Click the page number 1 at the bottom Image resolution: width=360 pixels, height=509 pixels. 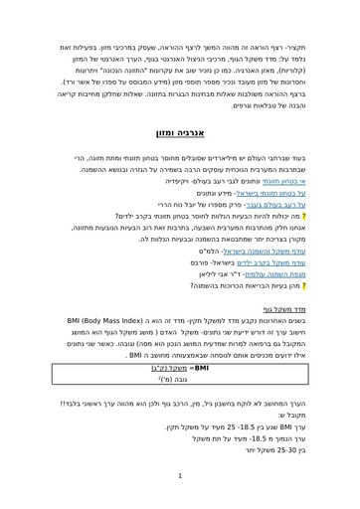point(180,475)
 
